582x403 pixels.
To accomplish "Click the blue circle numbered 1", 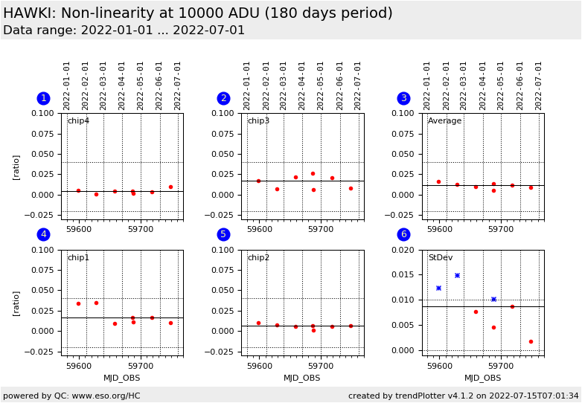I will pos(43,98).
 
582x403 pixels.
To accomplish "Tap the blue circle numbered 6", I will pos(403,235).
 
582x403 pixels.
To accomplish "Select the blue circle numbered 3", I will pos(403,98).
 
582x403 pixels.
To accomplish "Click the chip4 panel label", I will pos(78,121).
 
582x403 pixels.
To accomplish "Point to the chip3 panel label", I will pos(258,121).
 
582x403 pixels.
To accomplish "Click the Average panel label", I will pos(444,121).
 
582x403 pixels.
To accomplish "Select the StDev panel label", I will pos(440,258).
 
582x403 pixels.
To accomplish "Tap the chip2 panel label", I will pos(258,258).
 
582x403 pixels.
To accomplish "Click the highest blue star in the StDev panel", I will pos(457,275).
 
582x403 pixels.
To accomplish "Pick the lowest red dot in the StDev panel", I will pos(531,342).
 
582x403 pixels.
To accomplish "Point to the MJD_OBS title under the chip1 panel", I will pos(122,378).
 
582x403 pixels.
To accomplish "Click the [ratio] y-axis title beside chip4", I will pos(16,167).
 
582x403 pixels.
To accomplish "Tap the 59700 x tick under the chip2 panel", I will pos(321,366).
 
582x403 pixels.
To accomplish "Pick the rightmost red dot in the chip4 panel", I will pos(170,187).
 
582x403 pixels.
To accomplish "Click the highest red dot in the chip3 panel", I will pos(313,174).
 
